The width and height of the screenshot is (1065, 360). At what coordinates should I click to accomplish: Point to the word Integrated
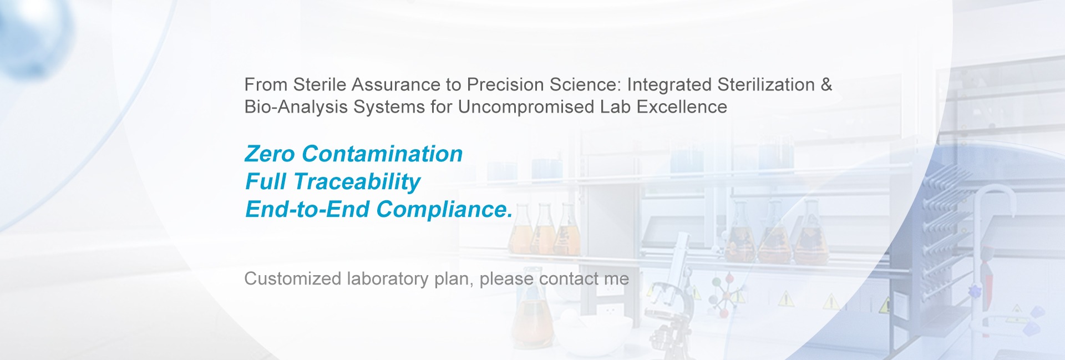coord(670,85)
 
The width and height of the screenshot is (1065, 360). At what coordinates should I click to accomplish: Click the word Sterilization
coord(766,85)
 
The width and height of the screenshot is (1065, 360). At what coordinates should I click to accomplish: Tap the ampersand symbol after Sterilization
coord(826,85)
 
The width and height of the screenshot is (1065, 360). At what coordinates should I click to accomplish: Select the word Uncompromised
coord(526,107)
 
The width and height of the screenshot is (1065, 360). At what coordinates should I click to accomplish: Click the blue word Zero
coord(270,154)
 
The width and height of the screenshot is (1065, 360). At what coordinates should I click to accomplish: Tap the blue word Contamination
coord(382,154)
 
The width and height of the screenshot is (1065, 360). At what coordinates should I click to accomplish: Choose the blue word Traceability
coord(357,182)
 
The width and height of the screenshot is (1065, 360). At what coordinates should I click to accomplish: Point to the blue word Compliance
coord(444,210)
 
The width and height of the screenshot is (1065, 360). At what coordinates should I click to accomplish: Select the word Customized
coord(293,278)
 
